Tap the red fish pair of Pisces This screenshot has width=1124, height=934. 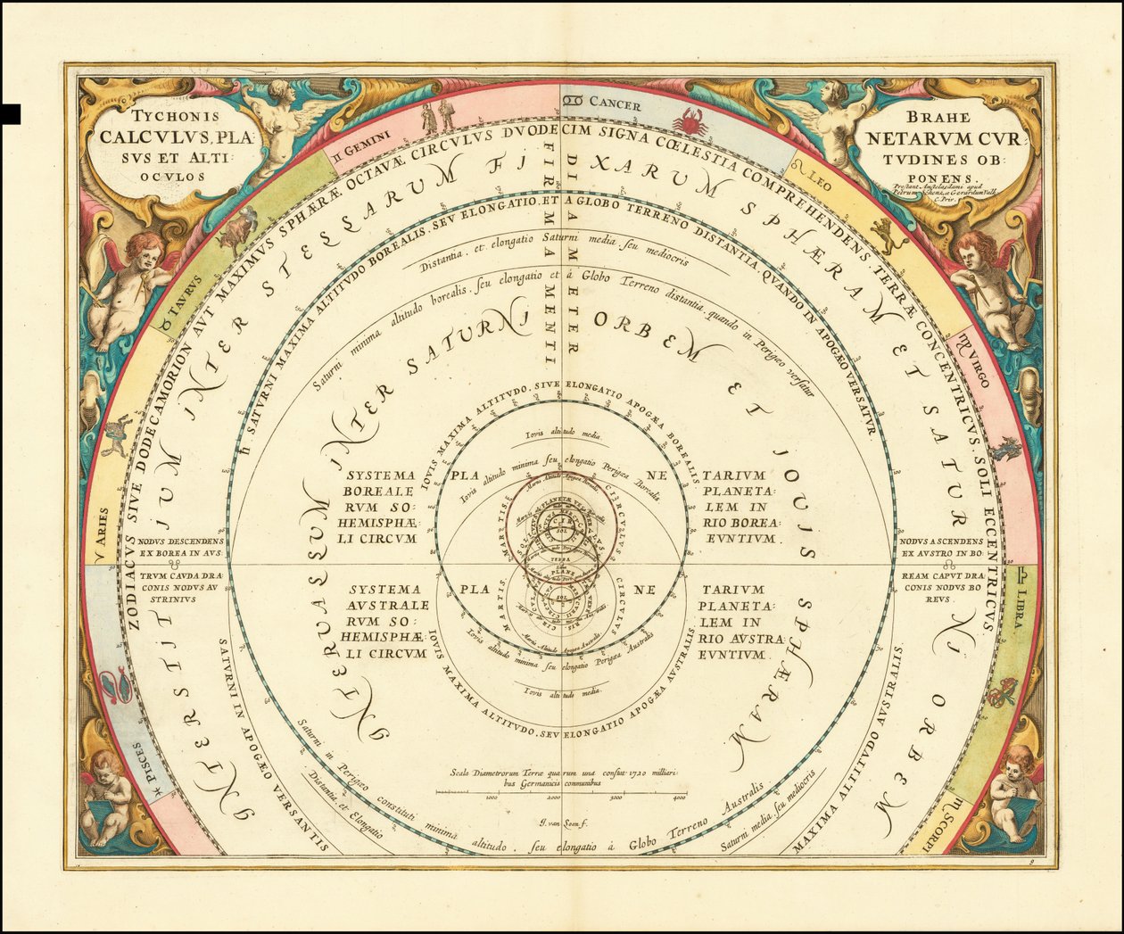click(x=117, y=686)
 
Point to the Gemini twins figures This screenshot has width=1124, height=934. click(x=438, y=114)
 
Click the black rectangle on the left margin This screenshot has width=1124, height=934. click(x=10, y=113)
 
